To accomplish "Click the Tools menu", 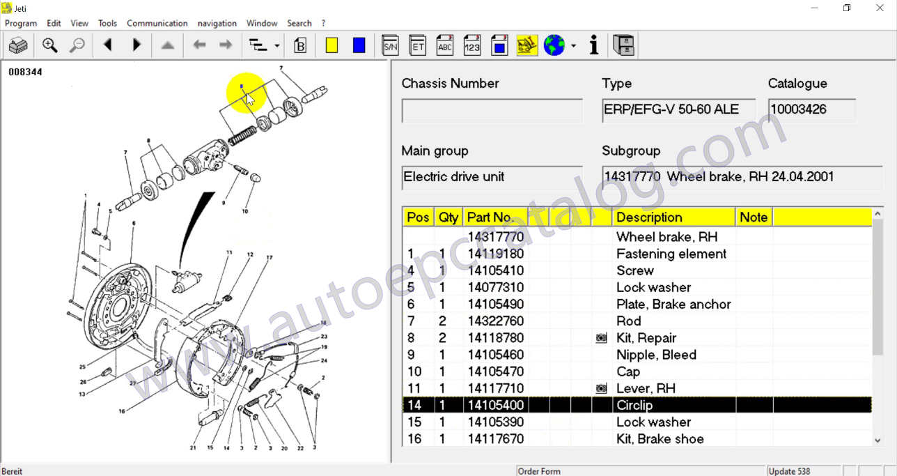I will (107, 23).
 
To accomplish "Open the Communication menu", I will (157, 23).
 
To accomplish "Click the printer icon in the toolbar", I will (18, 46).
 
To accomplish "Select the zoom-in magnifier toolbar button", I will (49, 46).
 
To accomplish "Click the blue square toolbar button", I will (359, 46).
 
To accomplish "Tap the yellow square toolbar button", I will (331, 46).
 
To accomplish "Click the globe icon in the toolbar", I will (554, 46).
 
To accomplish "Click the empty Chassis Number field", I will (492, 111).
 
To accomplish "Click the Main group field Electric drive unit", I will (492, 177).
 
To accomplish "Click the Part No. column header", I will (490, 217).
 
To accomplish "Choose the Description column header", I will (649, 217).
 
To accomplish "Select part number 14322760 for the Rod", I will (495, 321).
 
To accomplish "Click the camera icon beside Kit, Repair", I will (601, 338).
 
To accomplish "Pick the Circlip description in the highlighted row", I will (634, 405).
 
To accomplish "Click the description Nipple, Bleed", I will (656, 355).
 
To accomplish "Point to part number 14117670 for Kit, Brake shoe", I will (495, 439).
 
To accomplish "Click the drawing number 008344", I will (25, 72).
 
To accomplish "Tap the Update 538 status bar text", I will (790, 471).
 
